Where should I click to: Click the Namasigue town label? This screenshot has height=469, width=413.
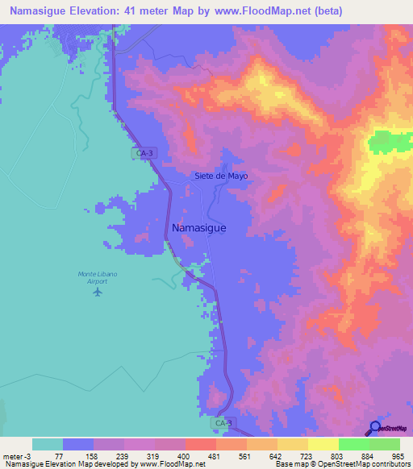coord(198,228)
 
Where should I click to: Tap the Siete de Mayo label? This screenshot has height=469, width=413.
coord(221,176)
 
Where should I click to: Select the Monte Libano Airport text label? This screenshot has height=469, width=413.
coord(98,277)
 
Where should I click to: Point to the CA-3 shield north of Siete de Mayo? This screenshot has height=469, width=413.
coord(143,151)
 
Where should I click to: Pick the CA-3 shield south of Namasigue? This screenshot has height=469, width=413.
coord(225,422)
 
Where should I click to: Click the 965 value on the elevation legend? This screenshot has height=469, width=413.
coord(395,455)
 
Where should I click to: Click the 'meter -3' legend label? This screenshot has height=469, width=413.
coord(17,455)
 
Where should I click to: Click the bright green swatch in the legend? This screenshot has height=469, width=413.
coord(353,444)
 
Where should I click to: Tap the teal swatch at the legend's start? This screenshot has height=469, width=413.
coord(47,444)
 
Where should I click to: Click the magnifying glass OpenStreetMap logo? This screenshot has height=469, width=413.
coord(375,429)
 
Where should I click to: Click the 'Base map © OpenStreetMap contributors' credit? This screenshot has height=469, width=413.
coord(340,465)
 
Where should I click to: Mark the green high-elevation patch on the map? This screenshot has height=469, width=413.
coord(389,143)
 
